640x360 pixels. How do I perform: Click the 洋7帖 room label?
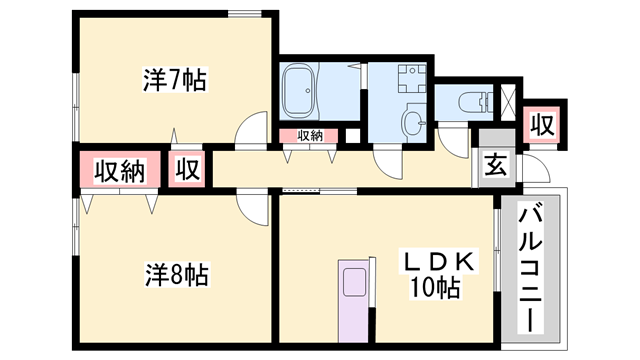pos(175,80)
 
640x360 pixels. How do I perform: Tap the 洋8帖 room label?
pos(177,275)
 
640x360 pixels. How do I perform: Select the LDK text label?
pos(439,262)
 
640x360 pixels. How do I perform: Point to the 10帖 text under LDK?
pos(436,288)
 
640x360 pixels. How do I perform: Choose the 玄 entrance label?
pos(496,165)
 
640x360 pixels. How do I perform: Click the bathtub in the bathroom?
pos(300,91)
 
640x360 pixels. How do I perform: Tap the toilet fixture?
pos(476,102)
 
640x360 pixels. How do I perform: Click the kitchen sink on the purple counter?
pos(354,282)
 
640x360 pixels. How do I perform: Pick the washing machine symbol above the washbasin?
pos(412,79)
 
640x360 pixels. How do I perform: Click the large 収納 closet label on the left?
pos(120,171)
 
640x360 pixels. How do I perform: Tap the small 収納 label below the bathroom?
pos(310,136)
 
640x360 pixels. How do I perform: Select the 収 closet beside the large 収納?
pos(187,169)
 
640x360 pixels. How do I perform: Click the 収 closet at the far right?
pos(542,125)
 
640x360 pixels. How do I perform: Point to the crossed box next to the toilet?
pos(509,102)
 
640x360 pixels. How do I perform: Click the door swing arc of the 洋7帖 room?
pos(247,122)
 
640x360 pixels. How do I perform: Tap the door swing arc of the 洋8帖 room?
pos(248,214)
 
